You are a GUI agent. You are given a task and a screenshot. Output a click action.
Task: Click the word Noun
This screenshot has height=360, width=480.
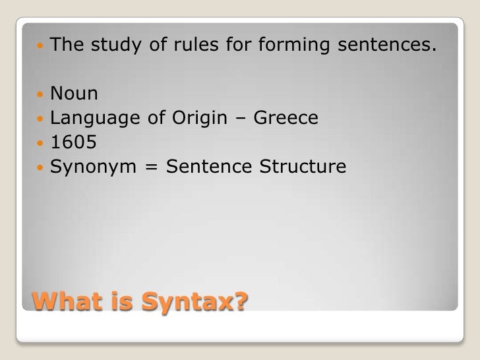75,95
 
